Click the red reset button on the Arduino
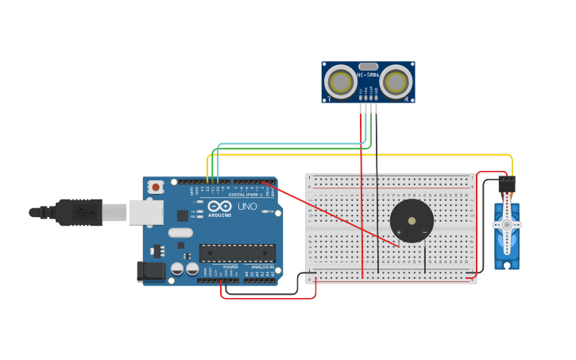(156, 188)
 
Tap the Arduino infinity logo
(219, 207)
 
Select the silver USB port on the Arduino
(146, 212)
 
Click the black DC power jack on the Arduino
(151, 272)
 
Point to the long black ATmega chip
(238, 254)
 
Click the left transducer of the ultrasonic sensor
(341, 82)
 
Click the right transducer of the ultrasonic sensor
(396, 82)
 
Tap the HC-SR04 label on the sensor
(369, 75)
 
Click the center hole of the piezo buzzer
(412, 220)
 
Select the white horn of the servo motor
(506, 226)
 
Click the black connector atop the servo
(506, 184)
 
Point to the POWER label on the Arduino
(230, 267)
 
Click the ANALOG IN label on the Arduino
(262, 267)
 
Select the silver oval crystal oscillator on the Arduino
(180, 233)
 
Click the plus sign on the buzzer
(399, 232)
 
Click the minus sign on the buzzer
(424, 232)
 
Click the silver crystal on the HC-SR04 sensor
(368, 67)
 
